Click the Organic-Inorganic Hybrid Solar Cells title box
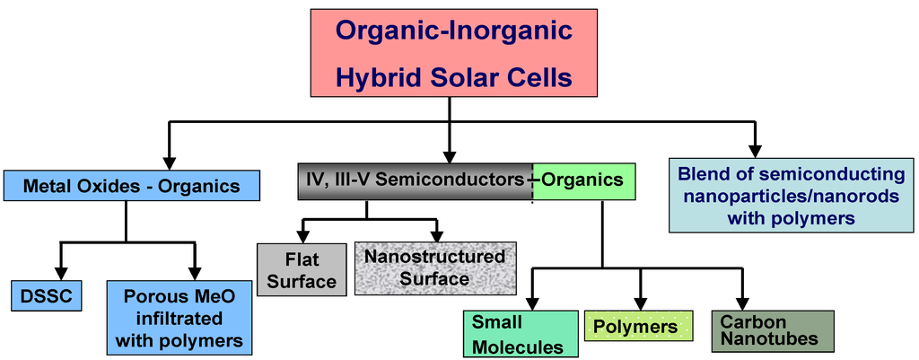pos(453,53)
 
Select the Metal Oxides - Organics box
pos(132,186)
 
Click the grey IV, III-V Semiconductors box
pos(415,180)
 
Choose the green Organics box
pos(583,180)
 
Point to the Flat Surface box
pos(302,270)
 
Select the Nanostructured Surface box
pos(435,268)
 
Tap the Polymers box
pos(639,327)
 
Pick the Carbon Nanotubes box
pos(773,330)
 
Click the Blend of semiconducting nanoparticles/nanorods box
pos(792,195)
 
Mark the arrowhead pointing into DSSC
pos(61,272)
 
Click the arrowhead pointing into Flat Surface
pos(302,235)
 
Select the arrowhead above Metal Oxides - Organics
pos(167,162)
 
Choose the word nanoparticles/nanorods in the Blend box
pos(791,195)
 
